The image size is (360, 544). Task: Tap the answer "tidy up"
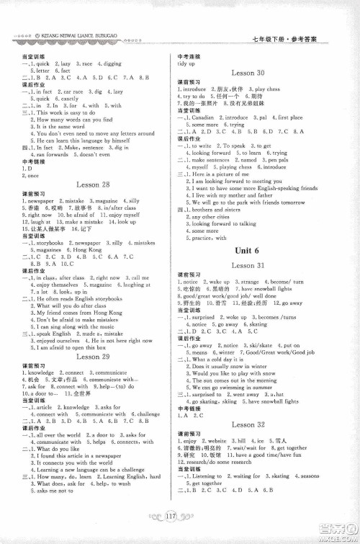[186, 64]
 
